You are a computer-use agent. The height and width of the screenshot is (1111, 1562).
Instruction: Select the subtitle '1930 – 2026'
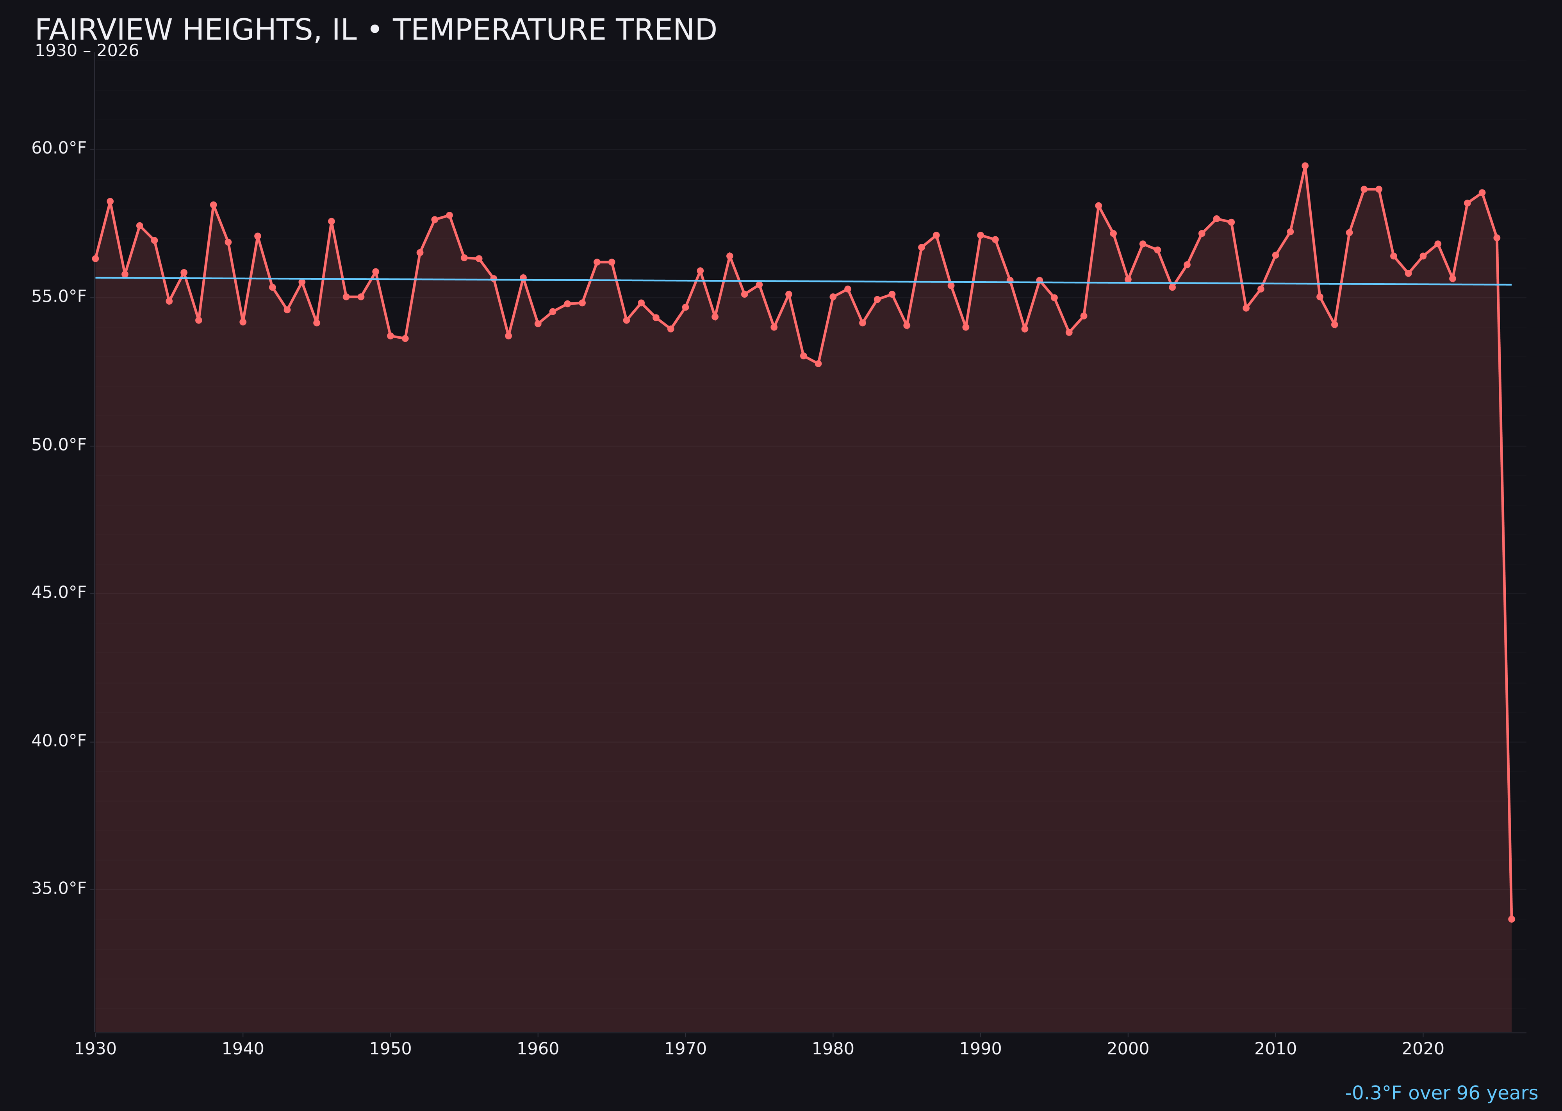87,51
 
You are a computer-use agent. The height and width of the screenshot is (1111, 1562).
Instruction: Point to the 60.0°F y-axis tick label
59,148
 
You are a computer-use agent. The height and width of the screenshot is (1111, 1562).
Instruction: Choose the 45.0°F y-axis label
59,593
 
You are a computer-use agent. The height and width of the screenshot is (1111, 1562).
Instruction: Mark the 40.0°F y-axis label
59,741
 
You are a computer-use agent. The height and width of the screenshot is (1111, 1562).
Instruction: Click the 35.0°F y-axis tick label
59,889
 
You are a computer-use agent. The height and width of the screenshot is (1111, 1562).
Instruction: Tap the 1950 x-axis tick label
390,1049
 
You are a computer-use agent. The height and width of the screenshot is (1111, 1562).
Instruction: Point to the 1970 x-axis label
685,1049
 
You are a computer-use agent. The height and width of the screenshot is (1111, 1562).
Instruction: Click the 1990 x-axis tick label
980,1049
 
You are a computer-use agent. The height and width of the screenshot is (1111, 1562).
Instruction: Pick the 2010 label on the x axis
1275,1049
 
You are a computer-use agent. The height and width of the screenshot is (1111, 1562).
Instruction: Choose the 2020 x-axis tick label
1423,1049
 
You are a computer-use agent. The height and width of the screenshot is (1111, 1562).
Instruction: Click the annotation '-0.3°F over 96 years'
1441,1093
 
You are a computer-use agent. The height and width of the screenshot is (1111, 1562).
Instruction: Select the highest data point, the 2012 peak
1305,166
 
